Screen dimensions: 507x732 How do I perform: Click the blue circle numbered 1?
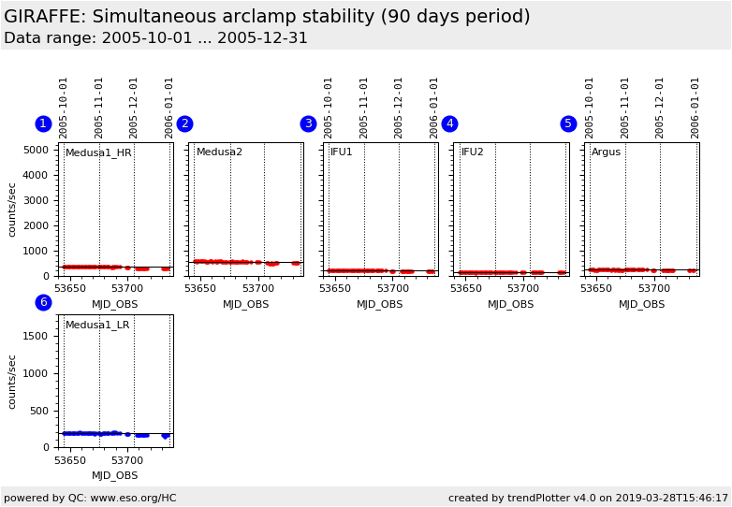[x=43, y=124]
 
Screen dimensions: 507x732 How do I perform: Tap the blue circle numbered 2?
[x=184, y=124]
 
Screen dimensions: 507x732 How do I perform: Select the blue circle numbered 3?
[x=308, y=124]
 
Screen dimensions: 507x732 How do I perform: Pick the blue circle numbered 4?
[x=449, y=124]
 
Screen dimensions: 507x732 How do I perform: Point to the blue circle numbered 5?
[x=568, y=124]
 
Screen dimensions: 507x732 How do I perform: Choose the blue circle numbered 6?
[x=43, y=302]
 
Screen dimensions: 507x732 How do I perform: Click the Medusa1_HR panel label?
[x=98, y=152]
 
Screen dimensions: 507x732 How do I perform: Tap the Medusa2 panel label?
[x=219, y=152]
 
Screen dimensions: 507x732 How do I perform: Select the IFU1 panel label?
[x=342, y=152]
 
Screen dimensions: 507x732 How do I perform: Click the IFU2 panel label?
[x=473, y=152]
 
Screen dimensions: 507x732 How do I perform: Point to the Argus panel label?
[x=606, y=152]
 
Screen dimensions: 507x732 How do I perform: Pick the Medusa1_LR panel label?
[x=97, y=326]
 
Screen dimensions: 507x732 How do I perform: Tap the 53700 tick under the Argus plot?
[x=654, y=289]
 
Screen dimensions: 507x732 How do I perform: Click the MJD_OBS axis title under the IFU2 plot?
[x=511, y=304]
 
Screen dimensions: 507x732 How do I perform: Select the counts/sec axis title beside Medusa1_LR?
[x=12, y=381]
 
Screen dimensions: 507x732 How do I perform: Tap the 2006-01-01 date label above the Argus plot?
[x=695, y=108]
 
